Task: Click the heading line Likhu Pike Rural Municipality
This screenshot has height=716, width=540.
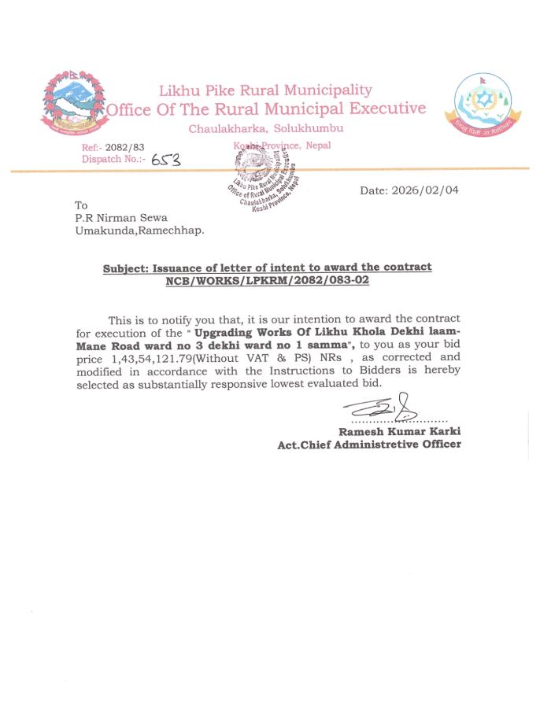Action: click(x=265, y=90)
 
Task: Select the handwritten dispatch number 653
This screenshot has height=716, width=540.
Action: click(x=165, y=160)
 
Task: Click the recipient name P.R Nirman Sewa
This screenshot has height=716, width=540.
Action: click(x=120, y=218)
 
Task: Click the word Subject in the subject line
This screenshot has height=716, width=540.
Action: click(x=125, y=268)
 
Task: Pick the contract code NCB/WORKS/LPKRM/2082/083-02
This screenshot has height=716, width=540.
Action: click(x=267, y=280)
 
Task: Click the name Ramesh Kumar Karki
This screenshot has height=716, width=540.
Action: click(x=399, y=431)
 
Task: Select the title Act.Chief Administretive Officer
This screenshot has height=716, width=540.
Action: click(x=369, y=445)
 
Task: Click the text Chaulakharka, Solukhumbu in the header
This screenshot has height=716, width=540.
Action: click(x=265, y=128)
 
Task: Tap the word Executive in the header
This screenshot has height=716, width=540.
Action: click(x=387, y=109)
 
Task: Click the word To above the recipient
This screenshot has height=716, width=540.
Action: click(x=81, y=205)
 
